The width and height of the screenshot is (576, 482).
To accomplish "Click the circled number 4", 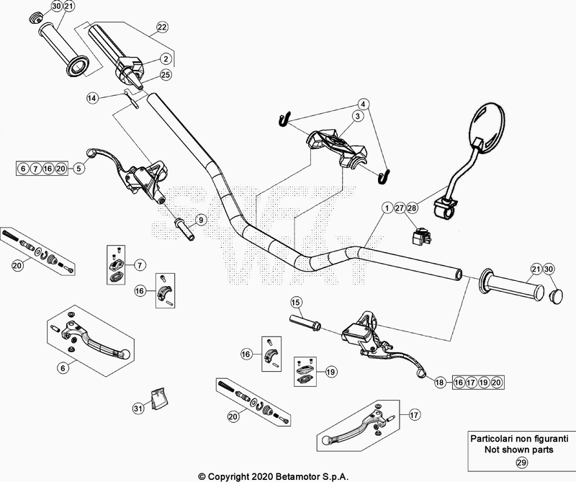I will click(364, 103).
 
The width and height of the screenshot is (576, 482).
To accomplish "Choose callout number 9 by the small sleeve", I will click(201, 219).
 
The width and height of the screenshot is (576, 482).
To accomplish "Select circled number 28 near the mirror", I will click(412, 207).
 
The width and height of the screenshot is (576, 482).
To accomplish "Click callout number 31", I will click(138, 409).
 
